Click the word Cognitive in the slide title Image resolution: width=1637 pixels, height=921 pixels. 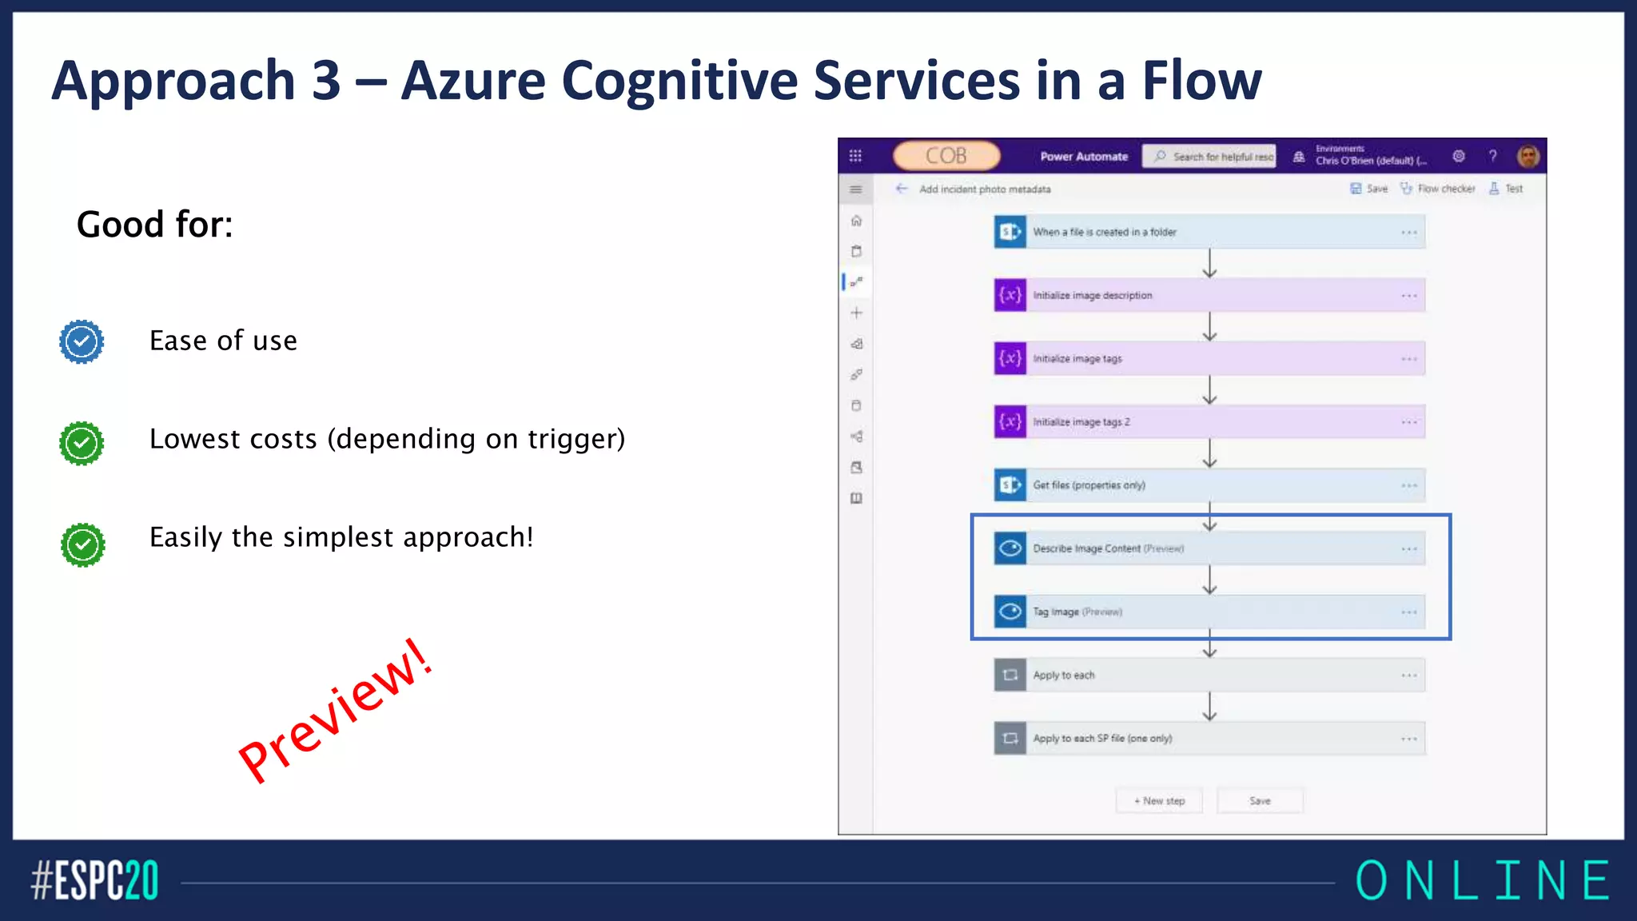click(679, 82)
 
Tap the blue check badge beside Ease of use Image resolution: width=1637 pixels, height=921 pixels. click(82, 342)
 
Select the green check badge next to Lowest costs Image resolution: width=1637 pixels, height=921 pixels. click(82, 443)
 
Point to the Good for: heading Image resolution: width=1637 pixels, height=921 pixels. click(154, 225)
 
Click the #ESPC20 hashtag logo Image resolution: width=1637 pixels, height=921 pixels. click(94, 881)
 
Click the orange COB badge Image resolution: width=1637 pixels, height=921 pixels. click(946, 156)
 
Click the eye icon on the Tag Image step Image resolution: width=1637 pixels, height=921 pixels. click(1010, 612)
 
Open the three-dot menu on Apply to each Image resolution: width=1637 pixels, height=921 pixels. click(1408, 676)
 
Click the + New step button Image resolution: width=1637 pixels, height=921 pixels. click(1159, 800)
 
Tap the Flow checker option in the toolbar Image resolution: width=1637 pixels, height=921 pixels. click(1438, 189)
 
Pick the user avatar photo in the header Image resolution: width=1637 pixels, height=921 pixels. click(1527, 156)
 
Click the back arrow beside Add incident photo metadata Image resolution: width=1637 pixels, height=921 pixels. click(902, 189)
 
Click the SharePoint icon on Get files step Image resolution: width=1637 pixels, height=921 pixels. click(1010, 485)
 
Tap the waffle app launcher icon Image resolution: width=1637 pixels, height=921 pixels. click(855, 156)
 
